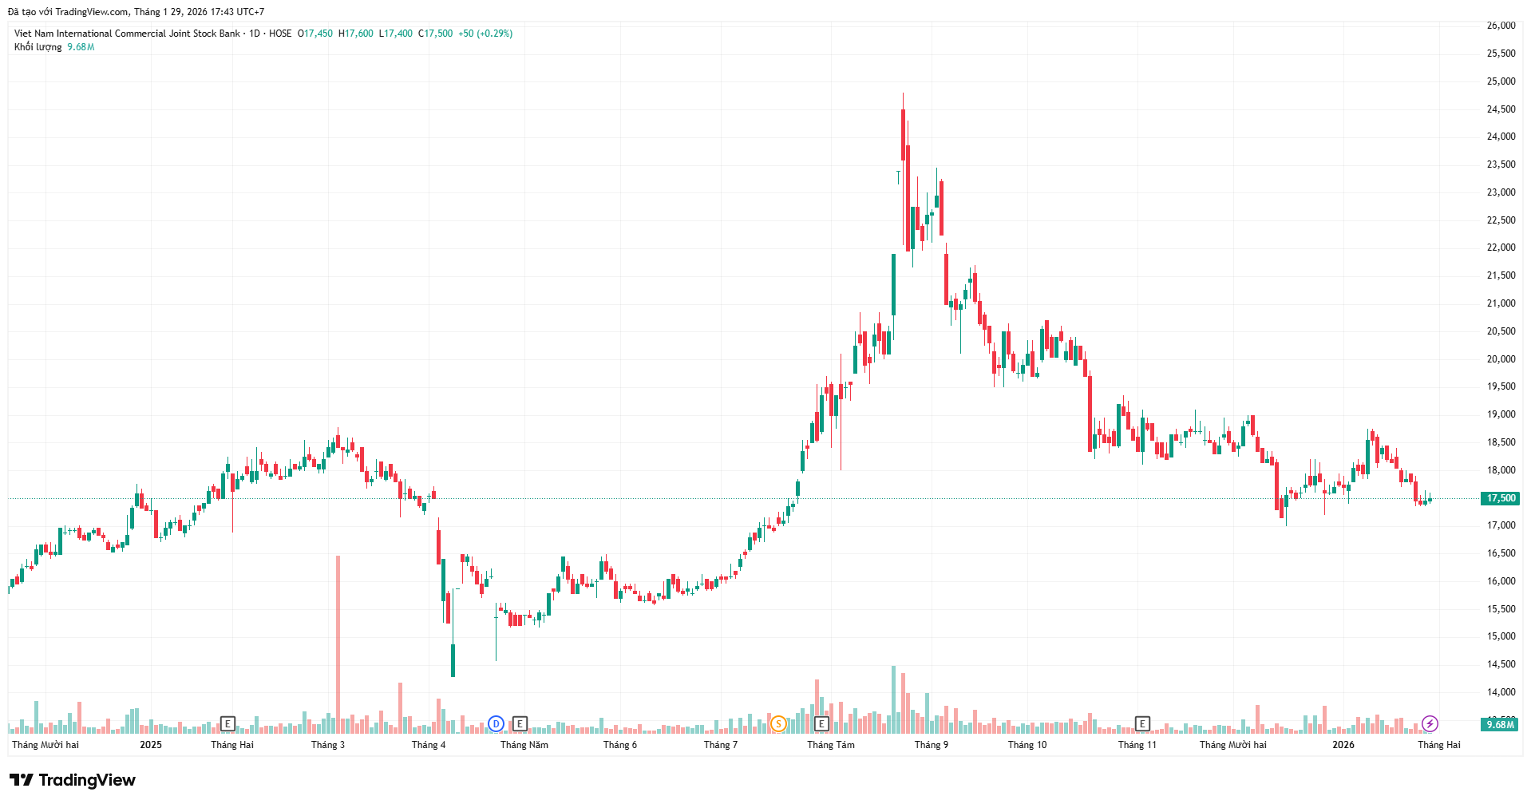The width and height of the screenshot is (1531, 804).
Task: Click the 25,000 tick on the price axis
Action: click(x=1501, y=81)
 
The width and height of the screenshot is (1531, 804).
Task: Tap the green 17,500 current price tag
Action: click(x=1501, y=498)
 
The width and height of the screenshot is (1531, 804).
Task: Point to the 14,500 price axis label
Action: click(x=1501, y=664)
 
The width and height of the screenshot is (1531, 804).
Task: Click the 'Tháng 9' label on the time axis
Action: click(x=932, y=745)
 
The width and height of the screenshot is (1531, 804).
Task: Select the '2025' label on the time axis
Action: click(x=151, y=745)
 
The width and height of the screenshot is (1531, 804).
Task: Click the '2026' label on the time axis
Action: click(x=1343, y=745)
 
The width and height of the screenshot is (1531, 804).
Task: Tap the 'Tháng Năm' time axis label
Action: click(x=524, y=745)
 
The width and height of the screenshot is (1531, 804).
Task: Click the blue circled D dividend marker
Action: click(x=496, y=724)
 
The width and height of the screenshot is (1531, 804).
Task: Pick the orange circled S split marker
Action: click(x=778, y=724)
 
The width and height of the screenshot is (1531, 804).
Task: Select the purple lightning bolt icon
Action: click(x=1430, y=724)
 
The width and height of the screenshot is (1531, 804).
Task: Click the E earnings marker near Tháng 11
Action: click(x=1142, y=724)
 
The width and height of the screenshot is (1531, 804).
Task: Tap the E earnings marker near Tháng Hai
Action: click(x=227, y=724)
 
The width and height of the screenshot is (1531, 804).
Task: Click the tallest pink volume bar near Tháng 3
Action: click(x=338, y=639)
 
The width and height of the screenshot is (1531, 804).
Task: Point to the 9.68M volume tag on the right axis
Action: click(x=1501, y=725)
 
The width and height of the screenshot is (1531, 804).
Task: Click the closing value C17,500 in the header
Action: click(x=436, y=34)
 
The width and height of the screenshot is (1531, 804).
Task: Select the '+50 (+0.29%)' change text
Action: click(x=485, y=34)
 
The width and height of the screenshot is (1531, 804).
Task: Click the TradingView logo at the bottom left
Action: click(x=73, y=780)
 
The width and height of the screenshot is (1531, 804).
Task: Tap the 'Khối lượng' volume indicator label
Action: click(x=38, y=47)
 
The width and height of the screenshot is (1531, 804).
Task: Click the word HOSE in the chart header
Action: click(x=280, y=34)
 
